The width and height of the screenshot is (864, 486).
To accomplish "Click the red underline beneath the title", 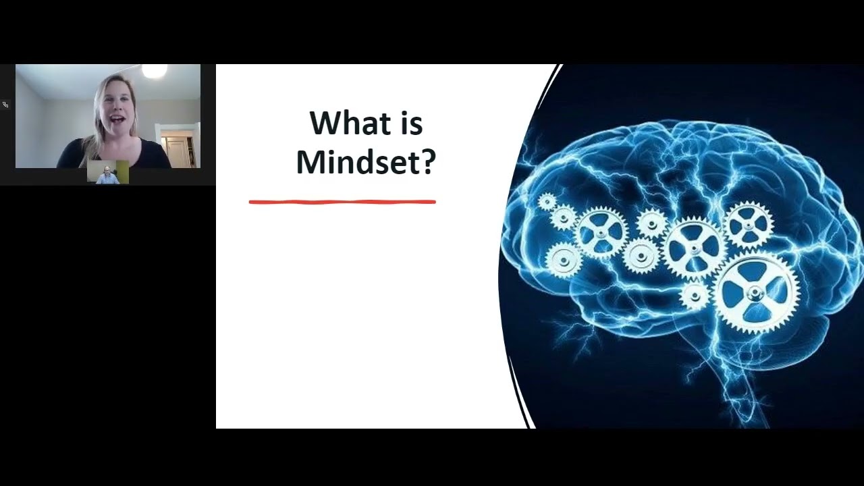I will (x=342, y=201).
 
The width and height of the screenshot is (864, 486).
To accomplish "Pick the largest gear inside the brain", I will (x=756, y=292).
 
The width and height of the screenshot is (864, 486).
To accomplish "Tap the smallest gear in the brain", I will (x=547, y=201).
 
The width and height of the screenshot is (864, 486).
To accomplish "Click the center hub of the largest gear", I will (x=756, y=292).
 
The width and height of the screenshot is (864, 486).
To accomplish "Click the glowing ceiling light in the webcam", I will (x=155, y=70).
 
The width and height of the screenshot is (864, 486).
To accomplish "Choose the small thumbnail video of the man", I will (x=108, y=173).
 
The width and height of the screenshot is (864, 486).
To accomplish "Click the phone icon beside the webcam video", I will (x=5, y=105).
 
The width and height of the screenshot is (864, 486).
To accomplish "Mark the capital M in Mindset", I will (x=309, y=163).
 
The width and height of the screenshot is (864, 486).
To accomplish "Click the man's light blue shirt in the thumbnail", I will (x=107, y=180).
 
